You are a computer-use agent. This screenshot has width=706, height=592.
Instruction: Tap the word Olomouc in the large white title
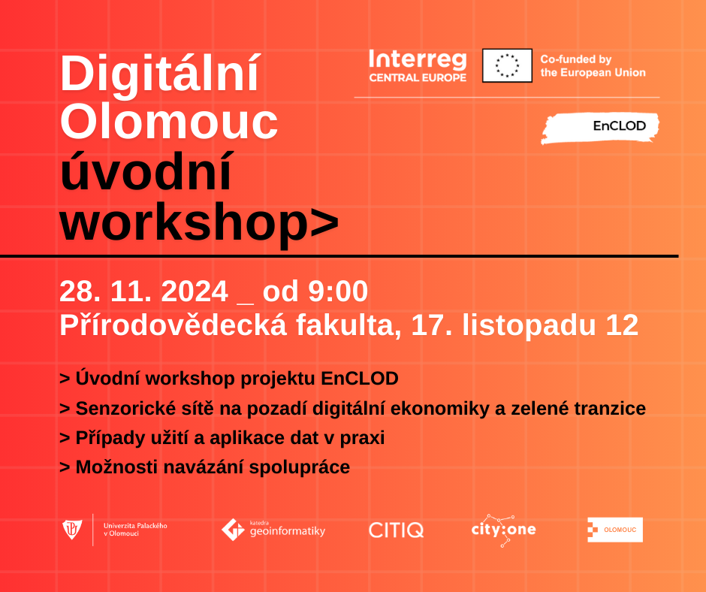tap(169, 122)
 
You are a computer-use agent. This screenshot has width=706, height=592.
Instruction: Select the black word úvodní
tap(146, 171)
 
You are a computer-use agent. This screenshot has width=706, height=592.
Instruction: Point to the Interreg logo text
tap(418, 66)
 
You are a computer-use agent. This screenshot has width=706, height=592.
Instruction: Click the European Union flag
tap(507, 66)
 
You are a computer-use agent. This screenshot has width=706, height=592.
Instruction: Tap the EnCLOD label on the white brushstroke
tap(619, 125)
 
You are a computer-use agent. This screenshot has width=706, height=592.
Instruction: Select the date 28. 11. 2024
tap(143, 291)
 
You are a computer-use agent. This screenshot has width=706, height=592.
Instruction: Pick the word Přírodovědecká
tap(173, 325)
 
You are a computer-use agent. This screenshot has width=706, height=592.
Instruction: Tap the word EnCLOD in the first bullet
tap(360, 379)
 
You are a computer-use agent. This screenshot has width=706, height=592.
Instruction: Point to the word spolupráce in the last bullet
tap(300, 467)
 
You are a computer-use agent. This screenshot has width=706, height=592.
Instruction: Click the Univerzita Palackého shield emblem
tap(72, 530)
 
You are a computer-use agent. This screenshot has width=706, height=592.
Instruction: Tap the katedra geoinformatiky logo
tap(273, 530)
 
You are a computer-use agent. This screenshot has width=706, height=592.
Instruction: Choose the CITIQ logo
tap(397, 530)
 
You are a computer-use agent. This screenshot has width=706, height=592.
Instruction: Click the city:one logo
tap(503, 530)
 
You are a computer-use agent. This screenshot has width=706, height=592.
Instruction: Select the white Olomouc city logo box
tap(615, 530)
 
